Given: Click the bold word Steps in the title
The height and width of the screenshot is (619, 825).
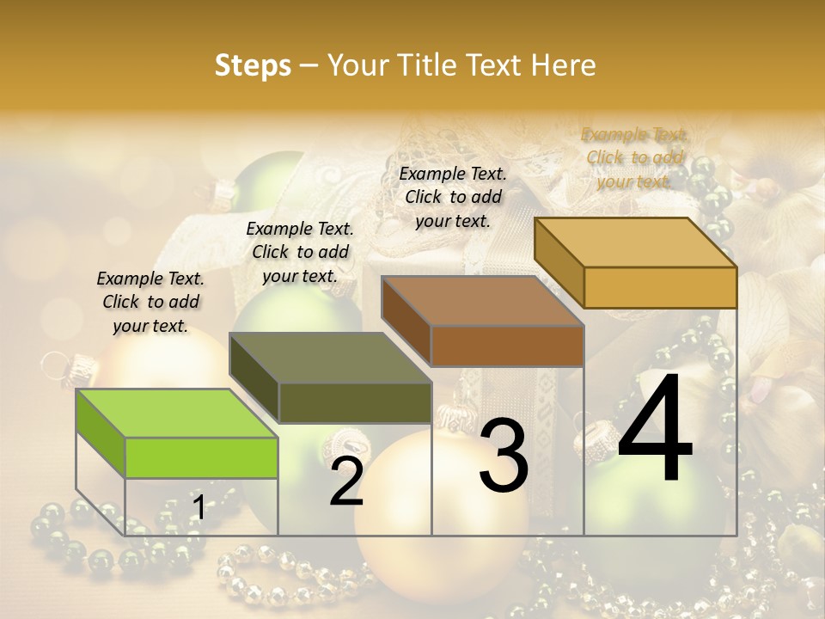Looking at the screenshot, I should point(253,65).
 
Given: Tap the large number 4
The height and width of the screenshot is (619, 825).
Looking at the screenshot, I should point(655,430).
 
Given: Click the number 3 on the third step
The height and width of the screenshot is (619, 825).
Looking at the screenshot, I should point(503,456).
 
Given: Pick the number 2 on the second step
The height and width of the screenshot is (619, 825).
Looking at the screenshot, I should point(346,481).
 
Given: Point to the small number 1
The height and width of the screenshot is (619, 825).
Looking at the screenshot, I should point(199,508).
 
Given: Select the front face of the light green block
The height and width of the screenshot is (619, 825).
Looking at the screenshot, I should point(201,457).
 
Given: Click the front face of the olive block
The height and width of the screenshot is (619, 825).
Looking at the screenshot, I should point(355,402).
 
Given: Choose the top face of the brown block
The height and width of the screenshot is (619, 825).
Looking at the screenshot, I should point(482,301).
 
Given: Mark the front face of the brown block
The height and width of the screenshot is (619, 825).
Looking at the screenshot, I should point(507,346).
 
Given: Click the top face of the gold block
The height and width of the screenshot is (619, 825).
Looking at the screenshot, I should point(636,242).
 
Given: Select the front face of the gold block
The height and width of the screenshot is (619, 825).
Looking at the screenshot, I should point(660,287).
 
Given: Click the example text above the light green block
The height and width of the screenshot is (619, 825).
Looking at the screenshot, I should point(150,302).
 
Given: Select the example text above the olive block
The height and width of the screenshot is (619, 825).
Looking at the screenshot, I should point(300,252).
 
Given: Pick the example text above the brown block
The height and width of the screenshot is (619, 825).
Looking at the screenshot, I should point(453,197).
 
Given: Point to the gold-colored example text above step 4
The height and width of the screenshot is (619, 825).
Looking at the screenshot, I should point(634,157).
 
